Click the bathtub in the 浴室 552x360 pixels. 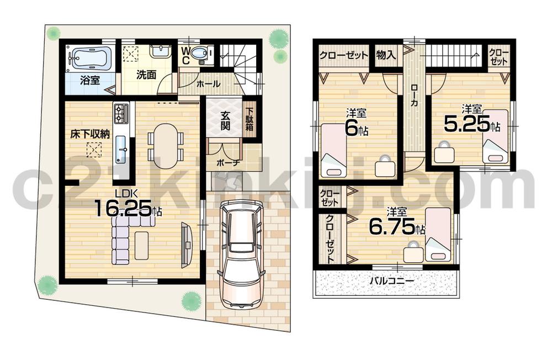pyautogui.click(x=89, y=57)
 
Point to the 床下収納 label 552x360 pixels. pyautogui.click(x=89, y=133)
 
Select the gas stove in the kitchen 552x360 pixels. pyautogui.click(x=121, y=114)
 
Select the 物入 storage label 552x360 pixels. pyautogui.click(x=386, y=55)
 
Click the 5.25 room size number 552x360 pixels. pyautogui.click(x=466, y=125)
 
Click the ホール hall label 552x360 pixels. pyautogui.click(x=209, y=84)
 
